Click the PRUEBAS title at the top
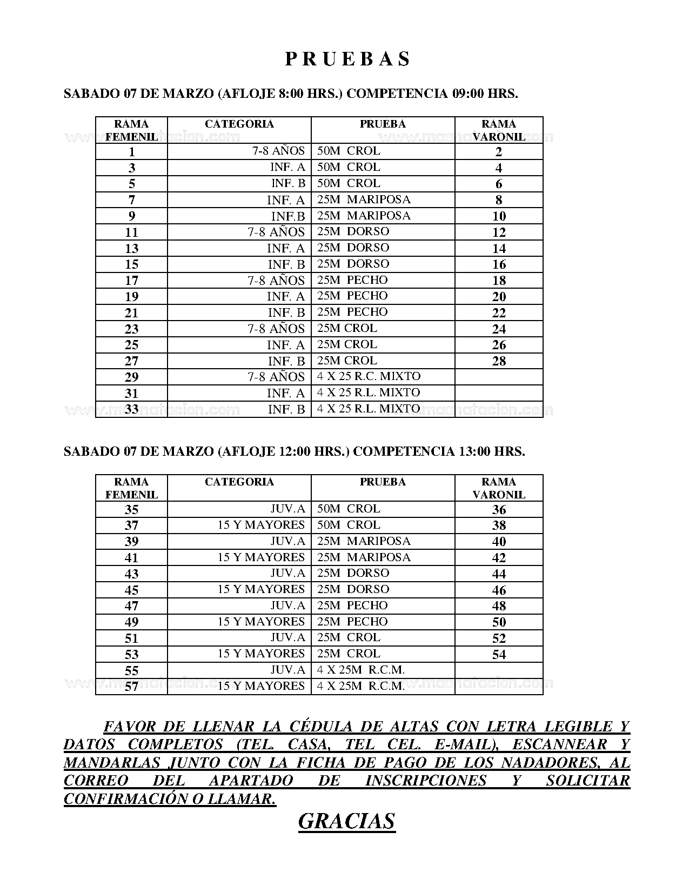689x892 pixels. pyautogui.click(x=347, y=59)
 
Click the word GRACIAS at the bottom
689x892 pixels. pyautogui.click(x=346, y=821)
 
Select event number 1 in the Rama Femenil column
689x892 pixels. pyautogui.click(x=131, y=152)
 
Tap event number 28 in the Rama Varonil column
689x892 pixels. pyautogui.click(x=499, y=361)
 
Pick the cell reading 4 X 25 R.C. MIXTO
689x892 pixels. pyautogui.click(x=369, y=376)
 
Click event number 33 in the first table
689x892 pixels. pyautogui.click(x=131, y=409)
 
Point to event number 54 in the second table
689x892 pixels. pyautogui.click(x=499, y=655)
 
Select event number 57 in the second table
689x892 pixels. pyautogui.click(x=131, y=687)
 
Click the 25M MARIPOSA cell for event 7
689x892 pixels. pyautogui.click(x=364, y=199)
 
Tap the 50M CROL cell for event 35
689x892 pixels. pyautogui.click(x=349, y=509)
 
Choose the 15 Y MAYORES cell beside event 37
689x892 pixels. pyautogui.click(x=261, y=525)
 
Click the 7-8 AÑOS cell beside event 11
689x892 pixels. pyautogui.click(x=276, y=232)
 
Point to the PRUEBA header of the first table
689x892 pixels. pyautogui.click(x=383, y=124)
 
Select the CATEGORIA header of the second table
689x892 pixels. pyautogui.click(x=239, y=482)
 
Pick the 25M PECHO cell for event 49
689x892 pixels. pyautogui.click(x=352, y=622)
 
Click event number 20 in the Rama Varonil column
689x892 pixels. pyautogui.click(x=499, y=296)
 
